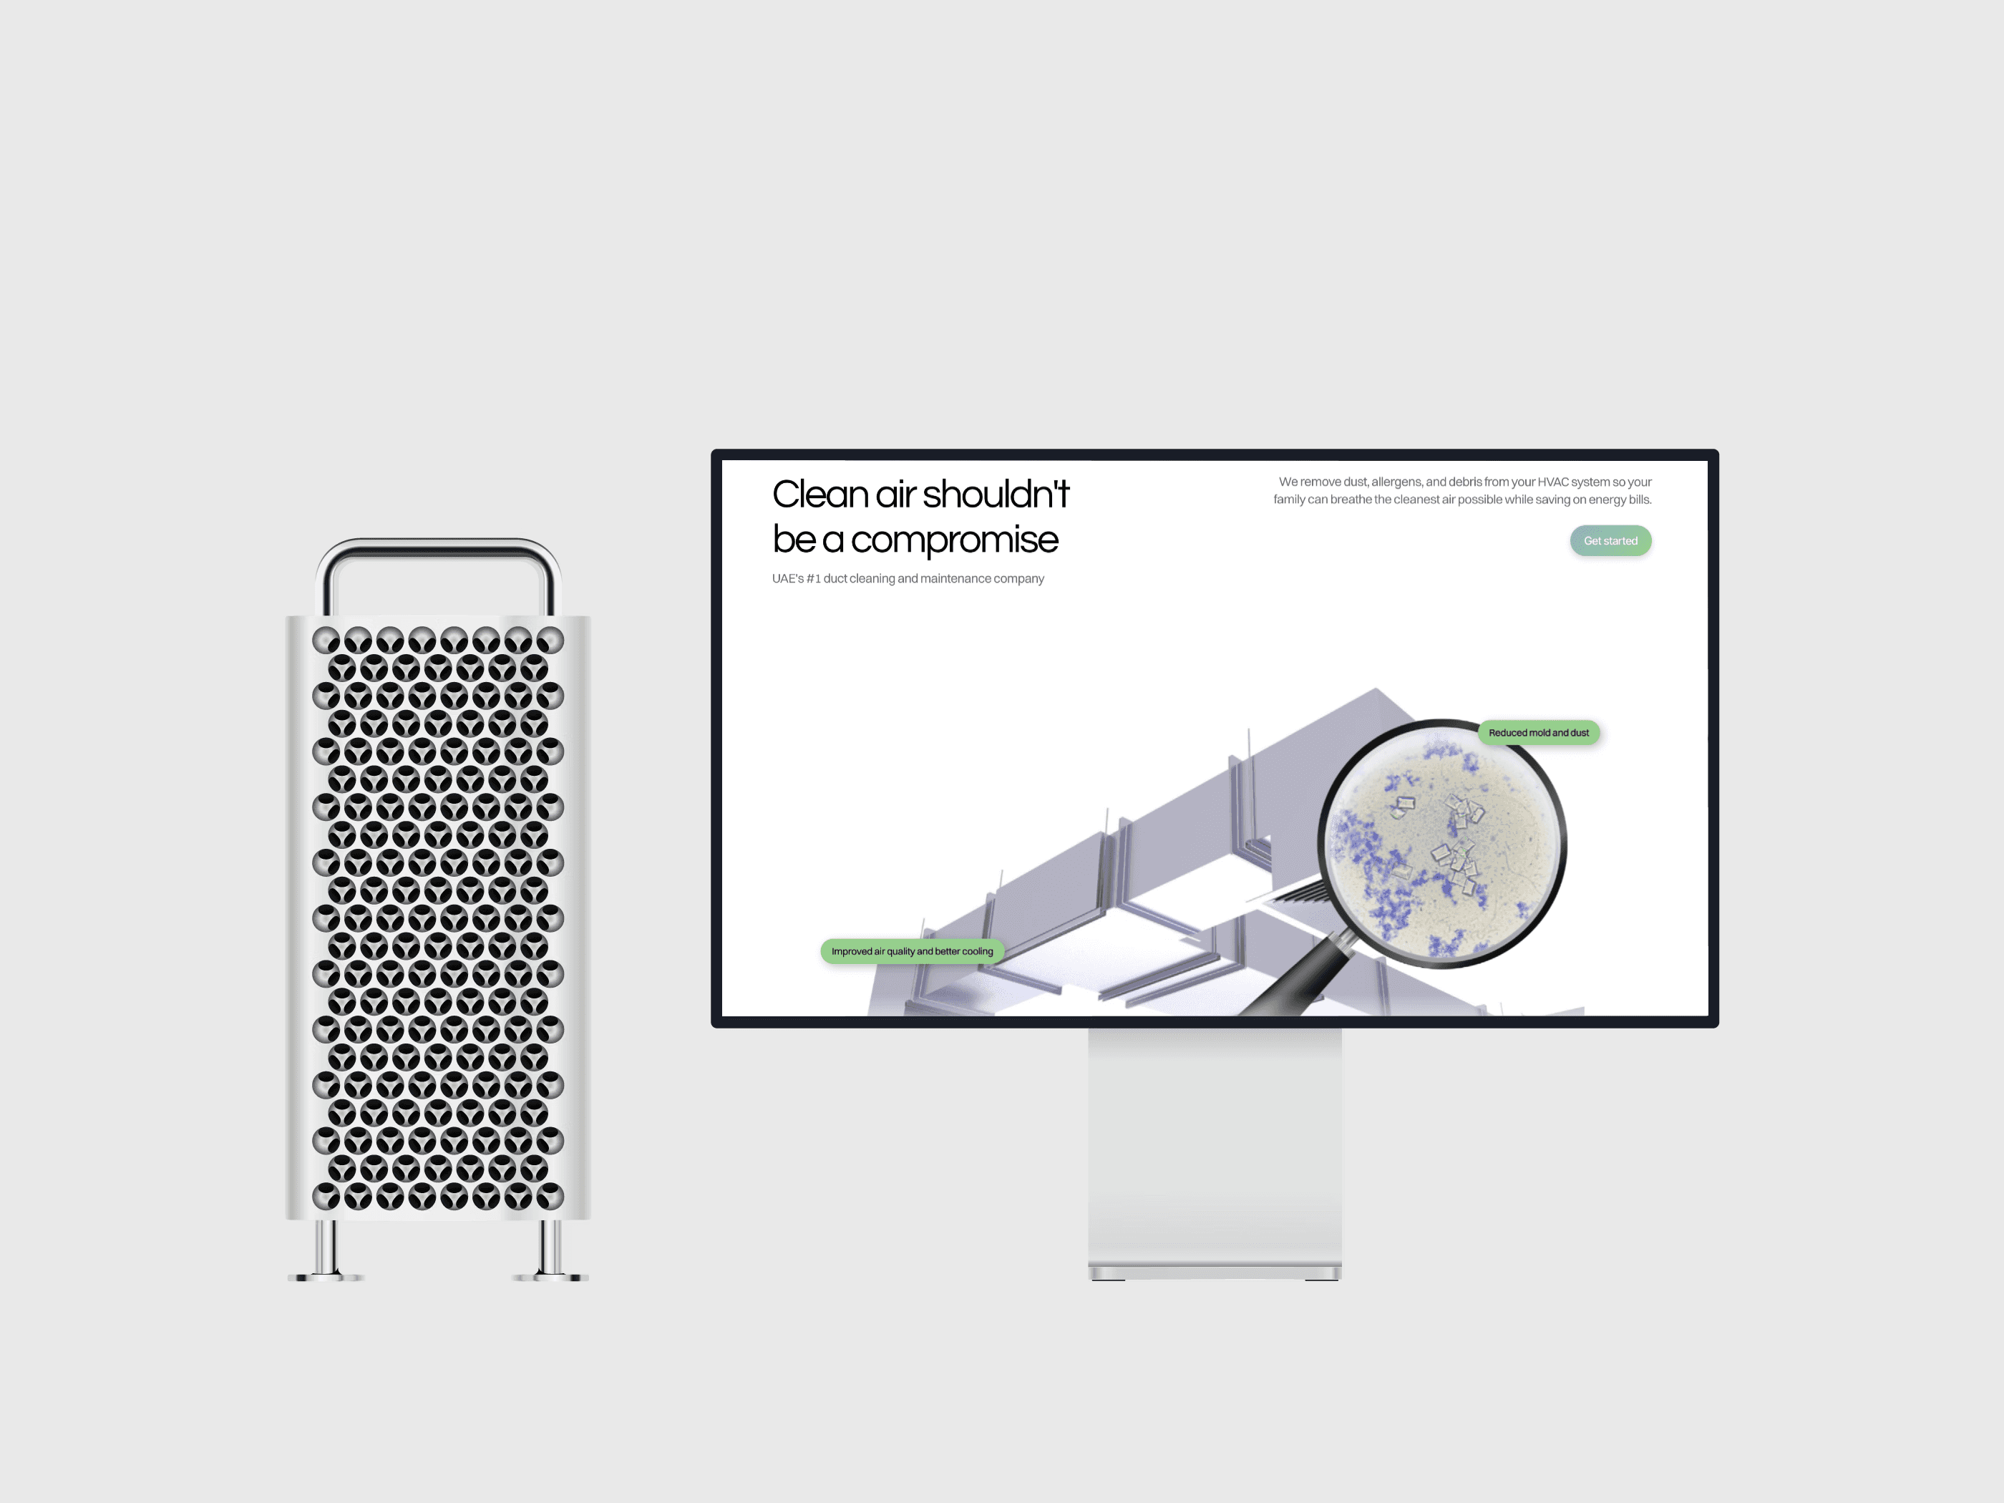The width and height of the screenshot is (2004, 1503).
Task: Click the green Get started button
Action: pos(1610,541)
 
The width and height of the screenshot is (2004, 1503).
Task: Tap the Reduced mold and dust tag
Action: pos(1538,733)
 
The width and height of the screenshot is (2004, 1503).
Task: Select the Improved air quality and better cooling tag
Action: pos(913,951)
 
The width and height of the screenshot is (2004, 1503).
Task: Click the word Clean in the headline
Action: pos(820,495)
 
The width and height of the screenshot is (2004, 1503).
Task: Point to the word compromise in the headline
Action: pos(954,540)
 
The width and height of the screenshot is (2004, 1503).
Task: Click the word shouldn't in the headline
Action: pos(996,495)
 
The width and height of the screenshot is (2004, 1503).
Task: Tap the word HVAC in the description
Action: pos(1553,482)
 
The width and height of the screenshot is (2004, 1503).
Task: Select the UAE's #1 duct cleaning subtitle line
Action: pos(908,579)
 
